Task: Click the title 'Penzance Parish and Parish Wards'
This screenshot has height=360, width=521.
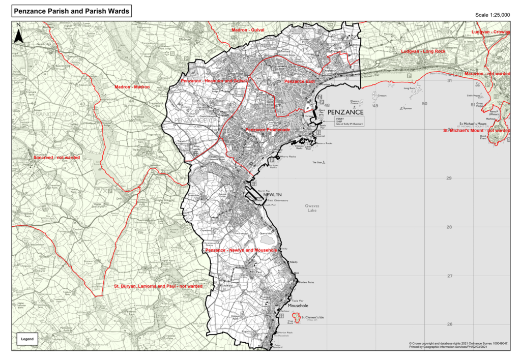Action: [72, 11]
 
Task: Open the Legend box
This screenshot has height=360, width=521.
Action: [27, 339]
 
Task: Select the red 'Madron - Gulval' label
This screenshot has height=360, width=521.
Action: [248, 31]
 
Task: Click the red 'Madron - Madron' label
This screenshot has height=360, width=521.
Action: [132, 87]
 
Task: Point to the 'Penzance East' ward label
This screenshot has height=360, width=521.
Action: [300, 81]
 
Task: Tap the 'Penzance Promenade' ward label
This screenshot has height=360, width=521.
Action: [268, 130]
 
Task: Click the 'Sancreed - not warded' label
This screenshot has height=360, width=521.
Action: [57, 158]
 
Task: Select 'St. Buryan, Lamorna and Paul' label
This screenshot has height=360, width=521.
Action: [158, 286]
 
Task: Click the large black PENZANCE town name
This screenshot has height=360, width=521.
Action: [345, 112]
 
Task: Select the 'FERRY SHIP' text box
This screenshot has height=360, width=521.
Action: [346, 121]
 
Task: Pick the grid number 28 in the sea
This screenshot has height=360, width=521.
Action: [449, 227]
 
